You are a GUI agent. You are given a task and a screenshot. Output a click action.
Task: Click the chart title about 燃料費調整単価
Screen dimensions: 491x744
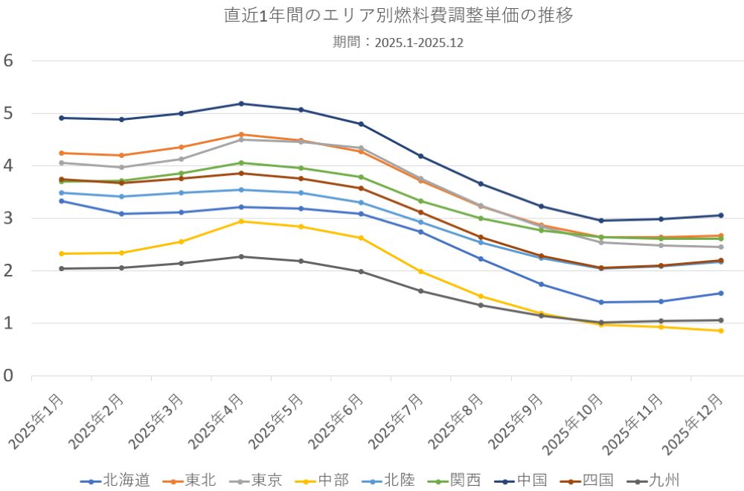coord(399,16)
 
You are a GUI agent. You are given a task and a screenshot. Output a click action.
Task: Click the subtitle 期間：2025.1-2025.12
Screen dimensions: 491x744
coord(399,42)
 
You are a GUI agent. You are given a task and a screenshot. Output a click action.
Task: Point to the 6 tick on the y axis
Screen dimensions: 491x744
coord(9,61)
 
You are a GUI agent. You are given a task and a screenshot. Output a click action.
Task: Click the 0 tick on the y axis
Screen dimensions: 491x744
coord(9,376)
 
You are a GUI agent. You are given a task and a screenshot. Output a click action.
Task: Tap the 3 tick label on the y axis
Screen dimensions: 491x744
coord(9,219)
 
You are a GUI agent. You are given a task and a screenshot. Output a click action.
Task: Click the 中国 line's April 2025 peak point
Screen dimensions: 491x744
coord(242,104)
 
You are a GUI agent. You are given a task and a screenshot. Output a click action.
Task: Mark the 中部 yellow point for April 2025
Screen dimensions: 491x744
coord(242,221)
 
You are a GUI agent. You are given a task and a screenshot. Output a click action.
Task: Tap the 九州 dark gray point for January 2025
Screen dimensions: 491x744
coord(62,268)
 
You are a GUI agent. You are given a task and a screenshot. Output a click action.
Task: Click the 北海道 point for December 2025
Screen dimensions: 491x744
coord(721,293)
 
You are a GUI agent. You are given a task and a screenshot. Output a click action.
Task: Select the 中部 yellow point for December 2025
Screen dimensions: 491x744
coord(721,331)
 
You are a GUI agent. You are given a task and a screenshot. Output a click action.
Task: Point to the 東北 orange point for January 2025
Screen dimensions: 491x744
coord(62,153)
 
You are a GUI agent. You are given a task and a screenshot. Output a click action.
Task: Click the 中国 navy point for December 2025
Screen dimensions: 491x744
coord(721,215)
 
